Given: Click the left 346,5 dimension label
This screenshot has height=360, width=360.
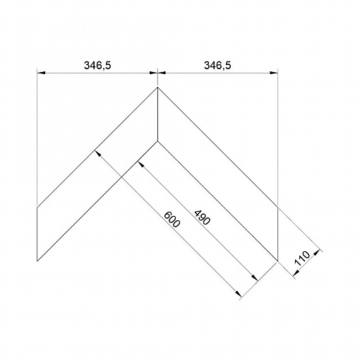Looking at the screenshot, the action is (97, 66).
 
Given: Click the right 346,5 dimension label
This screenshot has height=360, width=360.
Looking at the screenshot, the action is (217, 66).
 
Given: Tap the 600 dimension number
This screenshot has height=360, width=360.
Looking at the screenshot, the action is (172, 220).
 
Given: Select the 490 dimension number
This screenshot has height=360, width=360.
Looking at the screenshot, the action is (202, 217).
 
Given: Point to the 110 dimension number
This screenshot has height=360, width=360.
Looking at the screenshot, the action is (302, 258).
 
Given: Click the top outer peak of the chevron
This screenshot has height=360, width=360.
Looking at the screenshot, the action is (157, 88).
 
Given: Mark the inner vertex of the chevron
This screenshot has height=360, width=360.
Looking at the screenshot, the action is (157, 141).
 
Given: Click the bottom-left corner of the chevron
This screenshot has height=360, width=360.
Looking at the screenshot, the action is (37, 261).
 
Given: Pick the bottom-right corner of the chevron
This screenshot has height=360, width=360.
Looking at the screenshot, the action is (278, 261).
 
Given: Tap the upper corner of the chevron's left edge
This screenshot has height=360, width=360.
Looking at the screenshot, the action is (37, 208).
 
